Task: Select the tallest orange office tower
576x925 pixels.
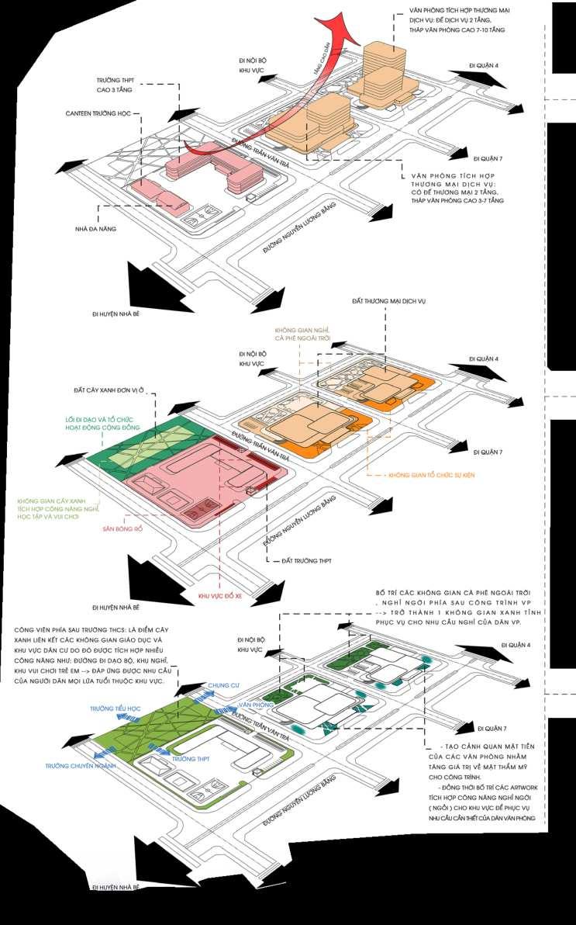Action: point(384,56)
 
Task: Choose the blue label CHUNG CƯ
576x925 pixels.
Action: point(222,685)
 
